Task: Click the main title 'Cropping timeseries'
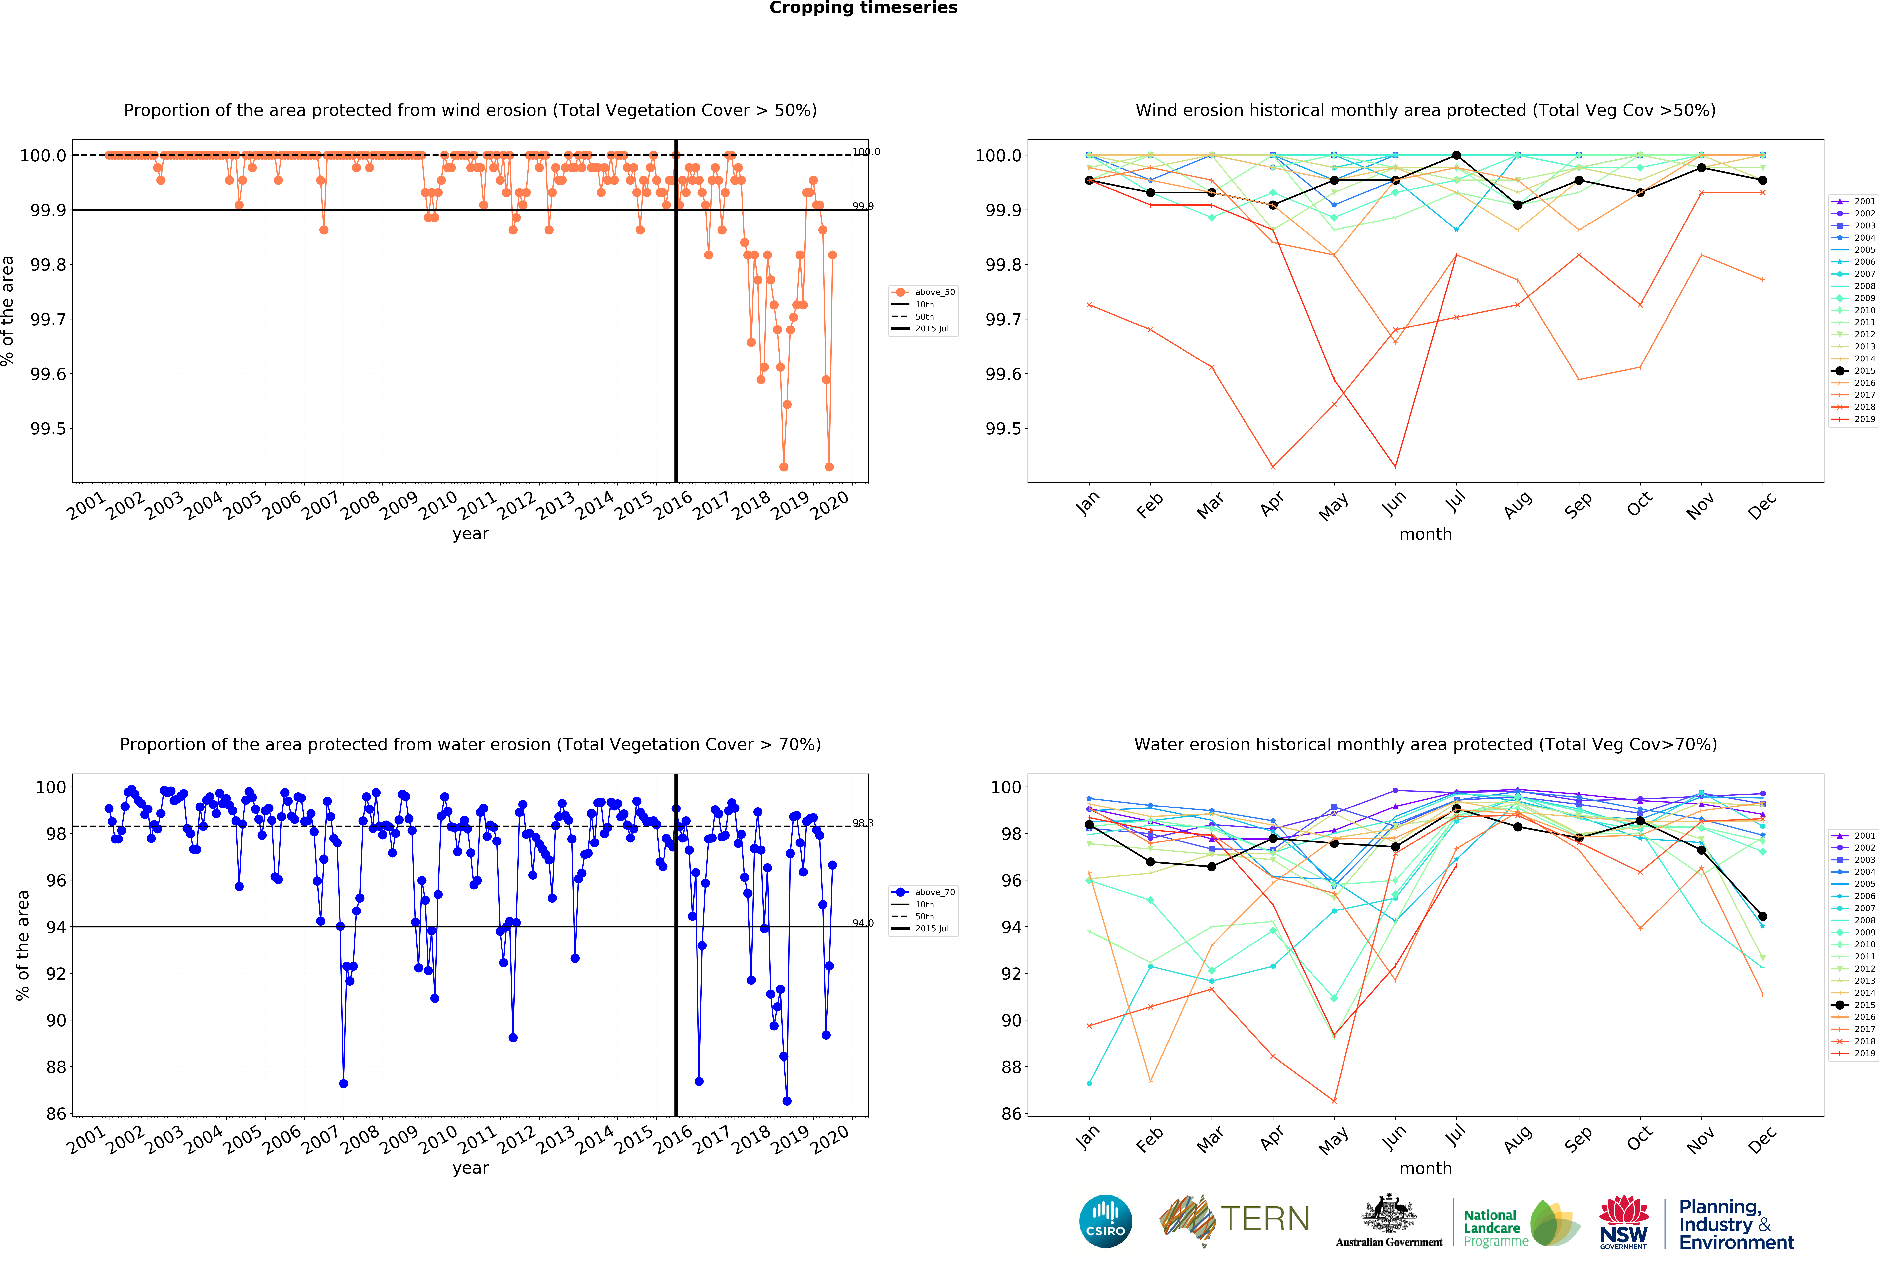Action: [x=863, y=8]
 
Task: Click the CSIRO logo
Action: [x=1105, y=1221]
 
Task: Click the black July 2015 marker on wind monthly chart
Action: [x=1456, y=155]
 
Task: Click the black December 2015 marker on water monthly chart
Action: [x=1763, y=916]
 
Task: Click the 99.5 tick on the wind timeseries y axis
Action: [x=49, y=429]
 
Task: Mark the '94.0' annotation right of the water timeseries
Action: [x=863, y=923]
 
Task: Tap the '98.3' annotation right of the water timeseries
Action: [x=863, y=823]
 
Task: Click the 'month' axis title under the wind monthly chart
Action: [x=1425, y=534]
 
